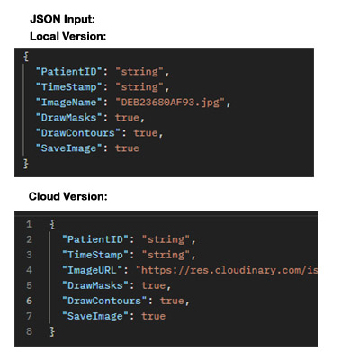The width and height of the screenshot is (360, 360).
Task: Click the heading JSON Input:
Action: (x=62, y=20)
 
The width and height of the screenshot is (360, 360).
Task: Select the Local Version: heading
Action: (x=68, y=36)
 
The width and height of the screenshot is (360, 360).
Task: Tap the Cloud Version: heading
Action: (x=68, y=196)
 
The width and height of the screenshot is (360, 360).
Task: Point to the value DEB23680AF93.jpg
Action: (x=170, y=103)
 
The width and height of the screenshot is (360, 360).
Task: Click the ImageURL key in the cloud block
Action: (x=92, y=270)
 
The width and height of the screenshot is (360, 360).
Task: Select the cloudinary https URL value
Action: (x=227, y=270)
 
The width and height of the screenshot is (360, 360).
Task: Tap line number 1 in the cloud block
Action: (x=29, y=224)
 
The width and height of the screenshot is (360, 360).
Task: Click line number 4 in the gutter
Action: (x=29, y=270)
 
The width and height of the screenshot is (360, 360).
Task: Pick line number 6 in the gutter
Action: (x=29, y=301)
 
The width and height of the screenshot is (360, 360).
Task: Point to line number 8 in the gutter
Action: (x=29, y=331)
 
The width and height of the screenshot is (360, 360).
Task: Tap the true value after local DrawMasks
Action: (x=127, y=118)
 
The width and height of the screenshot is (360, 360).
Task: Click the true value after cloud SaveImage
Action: (x=153, y=316)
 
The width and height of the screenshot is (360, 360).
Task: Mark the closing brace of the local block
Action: (x=26, y=164)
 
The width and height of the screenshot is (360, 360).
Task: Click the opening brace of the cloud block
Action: (x=52, y=224)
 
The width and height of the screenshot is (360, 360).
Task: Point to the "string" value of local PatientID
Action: (x=139, y=72)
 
